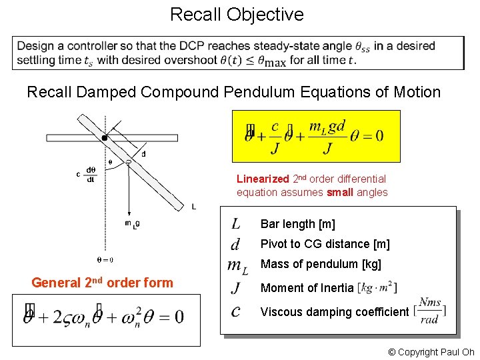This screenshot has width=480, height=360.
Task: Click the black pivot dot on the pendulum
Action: click(x=105, y=138)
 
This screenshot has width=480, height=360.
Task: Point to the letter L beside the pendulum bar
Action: click(x=193, y=207)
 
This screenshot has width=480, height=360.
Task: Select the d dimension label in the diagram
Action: click(x=144, y=154)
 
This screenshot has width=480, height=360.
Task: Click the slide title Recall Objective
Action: click(x=237, y=14)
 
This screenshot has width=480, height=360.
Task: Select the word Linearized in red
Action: click(x=263, y=179)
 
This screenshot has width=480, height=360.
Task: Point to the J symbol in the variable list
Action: click(x=236, y=288)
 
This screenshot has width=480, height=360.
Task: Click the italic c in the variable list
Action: click(x=236, y=311)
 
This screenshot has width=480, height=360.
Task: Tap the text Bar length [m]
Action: click(x=297, y=224)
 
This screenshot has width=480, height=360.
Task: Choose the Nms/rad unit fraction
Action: click(x=430, y=311)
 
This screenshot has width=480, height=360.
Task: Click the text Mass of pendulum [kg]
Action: click(x=321, y=264)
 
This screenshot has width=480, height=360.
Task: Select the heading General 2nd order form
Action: click(x=102, y=283)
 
